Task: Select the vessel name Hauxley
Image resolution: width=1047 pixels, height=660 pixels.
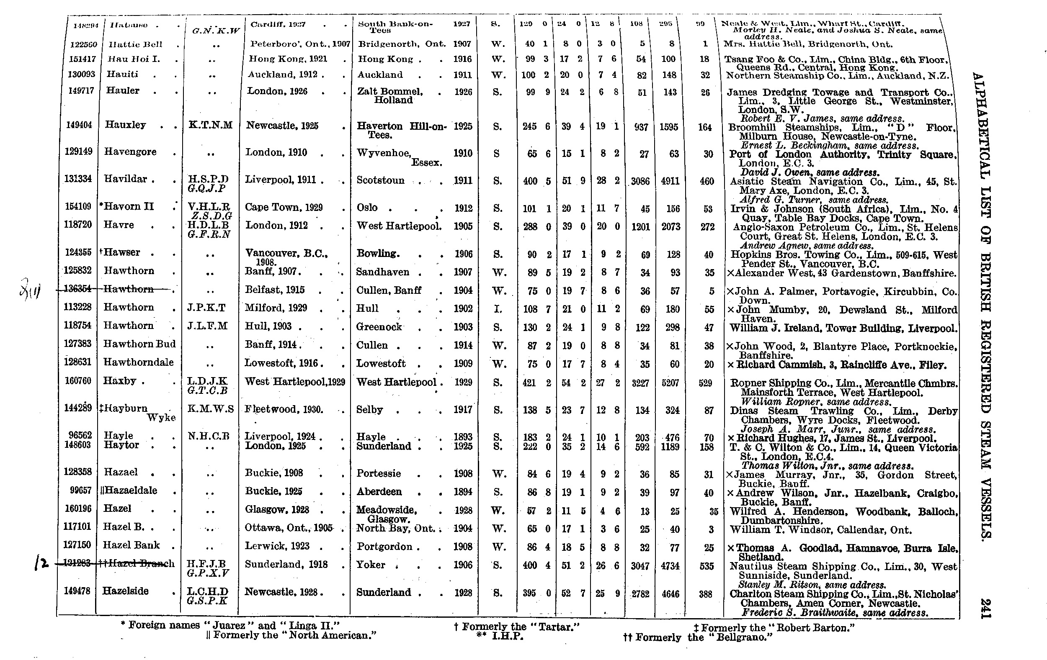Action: pos(126,125)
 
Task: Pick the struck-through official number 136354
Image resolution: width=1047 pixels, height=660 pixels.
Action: pos(78,289)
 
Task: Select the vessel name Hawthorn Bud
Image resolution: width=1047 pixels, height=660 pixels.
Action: pos(139,344)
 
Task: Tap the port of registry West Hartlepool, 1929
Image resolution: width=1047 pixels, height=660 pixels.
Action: pos(295,382)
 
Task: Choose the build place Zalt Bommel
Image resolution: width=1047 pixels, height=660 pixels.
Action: pos(389,91)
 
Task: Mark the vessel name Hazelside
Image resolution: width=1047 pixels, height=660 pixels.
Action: pos(125,591)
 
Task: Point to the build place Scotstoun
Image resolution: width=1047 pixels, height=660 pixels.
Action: pos(380,180)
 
